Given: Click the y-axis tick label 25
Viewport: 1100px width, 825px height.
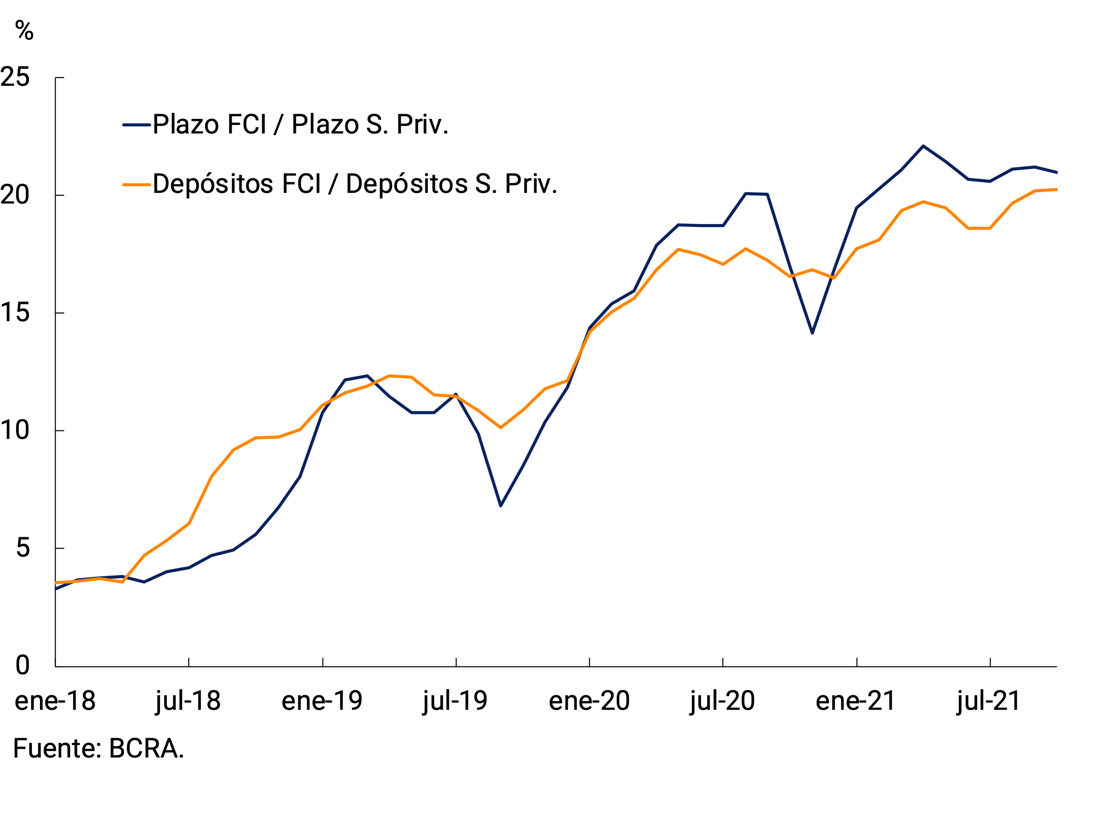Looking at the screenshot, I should coord(15,77).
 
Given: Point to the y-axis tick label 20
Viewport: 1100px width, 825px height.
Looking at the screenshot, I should coord(15,195).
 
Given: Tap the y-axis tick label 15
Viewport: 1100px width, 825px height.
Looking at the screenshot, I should coord(15,313).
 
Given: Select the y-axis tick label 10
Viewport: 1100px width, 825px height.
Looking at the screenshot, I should coord(15,430).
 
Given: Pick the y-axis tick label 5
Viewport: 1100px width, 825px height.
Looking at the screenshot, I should coord(23,548).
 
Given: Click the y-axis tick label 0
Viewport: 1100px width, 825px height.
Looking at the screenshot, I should coord(23,665).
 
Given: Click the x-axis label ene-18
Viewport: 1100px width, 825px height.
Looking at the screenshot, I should coord(55,701).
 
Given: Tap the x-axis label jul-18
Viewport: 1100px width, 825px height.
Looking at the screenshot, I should coord(188,701).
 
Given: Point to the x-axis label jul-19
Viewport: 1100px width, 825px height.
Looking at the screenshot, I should coord(455,701).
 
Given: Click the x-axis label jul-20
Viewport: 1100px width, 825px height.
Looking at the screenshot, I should coord(722,701).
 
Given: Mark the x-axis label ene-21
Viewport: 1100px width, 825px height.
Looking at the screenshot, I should coord(856,701).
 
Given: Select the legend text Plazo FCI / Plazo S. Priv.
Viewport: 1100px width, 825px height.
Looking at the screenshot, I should coord(300,124).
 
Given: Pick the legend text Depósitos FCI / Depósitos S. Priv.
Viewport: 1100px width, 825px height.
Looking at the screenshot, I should coord(355,184).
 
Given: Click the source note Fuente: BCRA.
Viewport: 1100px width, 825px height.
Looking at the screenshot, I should coord(98,748).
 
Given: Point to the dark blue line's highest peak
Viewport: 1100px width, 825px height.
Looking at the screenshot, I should coord(923,146).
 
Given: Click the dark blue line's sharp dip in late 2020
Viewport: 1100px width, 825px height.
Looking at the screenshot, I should coord(812,333).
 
